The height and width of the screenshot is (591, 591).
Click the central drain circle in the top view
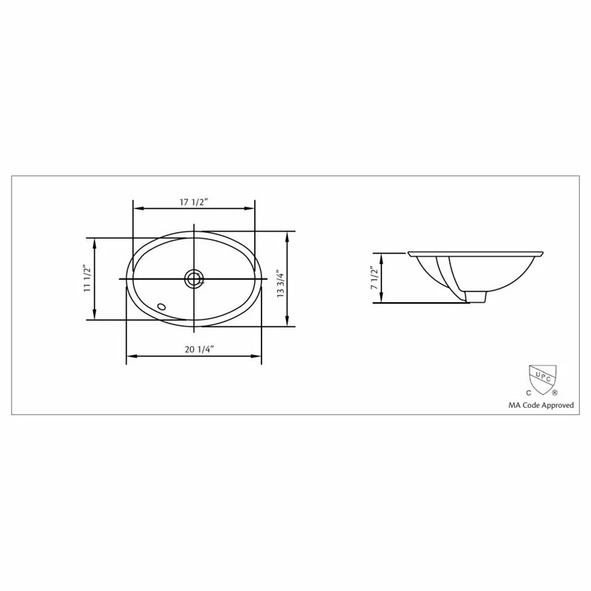pyautogui.click(x=194, y=278)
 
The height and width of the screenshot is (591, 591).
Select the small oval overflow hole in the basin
pyautogui.click(x=162, y=305)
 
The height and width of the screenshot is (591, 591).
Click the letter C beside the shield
pyautogui.click(x=527, y=394)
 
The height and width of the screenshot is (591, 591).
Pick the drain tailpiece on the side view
pyautogui.click(x=476, y=296)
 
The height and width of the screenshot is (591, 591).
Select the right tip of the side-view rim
pyautogui.click(x=544, y=253)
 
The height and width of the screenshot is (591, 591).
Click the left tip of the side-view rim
pyautogui.click(x=409, y=253)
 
